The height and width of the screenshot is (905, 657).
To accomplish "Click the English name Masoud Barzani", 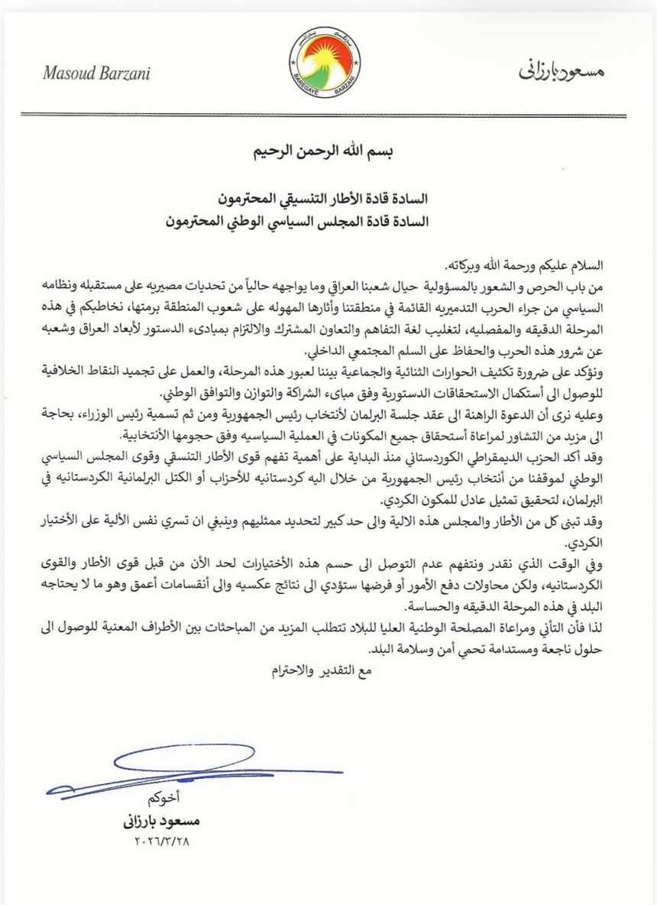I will click(x=96, y=73).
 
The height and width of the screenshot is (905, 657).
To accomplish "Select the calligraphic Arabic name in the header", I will click(x=561, y=71).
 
